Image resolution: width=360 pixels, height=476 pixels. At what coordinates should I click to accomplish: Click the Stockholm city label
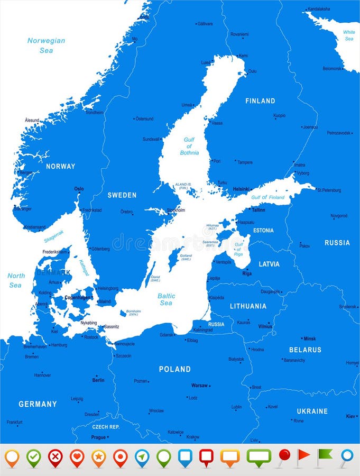pyautogui.click(x=176, y=210)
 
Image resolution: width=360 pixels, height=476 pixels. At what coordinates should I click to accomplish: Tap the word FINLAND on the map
pyautogui.click(x=260, y=100)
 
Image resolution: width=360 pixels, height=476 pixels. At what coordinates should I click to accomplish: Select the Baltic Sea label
pyautogui.click(x=166, y=299)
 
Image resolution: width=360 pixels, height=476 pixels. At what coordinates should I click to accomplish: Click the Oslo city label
pyautogui.click(x=79, y=189)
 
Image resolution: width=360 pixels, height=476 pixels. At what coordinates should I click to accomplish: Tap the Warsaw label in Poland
pyautogui.click(x=199, y=385)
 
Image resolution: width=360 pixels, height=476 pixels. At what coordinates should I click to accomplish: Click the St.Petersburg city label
pyautogui.click(x=329, y=190)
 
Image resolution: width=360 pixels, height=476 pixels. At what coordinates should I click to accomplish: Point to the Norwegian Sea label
pyautogui.click(x=47, y=45)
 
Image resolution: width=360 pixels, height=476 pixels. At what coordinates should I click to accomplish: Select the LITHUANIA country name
pyautogui.click(x=248, y=306)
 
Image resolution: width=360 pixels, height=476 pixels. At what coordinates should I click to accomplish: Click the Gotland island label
pyautogui.click(x=186, y=257)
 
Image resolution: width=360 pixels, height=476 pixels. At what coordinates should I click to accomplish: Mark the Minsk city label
pyautogui.click(x=309, y=338)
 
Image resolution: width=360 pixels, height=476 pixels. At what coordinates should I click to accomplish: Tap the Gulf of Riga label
pyautogui.click(x=238, y=249)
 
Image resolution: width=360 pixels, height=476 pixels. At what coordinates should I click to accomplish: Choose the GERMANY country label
pyautogui.click(x=38, y=404)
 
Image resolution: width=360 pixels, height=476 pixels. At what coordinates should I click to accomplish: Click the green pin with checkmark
pyautogui.click(x=34, y=456)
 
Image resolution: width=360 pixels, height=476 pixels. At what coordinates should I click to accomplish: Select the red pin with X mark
pyautogui.click(x=56, y=456)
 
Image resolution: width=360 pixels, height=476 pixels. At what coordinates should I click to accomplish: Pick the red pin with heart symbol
pyautogui.click(x=77, y=456)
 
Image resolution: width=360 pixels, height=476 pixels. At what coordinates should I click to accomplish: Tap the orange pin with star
pyautogui.click(x=99, y=456)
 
